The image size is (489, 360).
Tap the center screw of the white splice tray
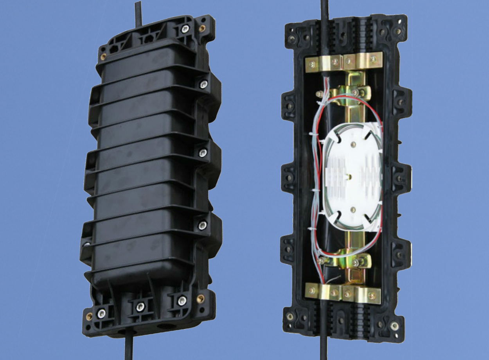pos(350,177)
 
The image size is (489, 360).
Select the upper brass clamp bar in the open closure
pos(343,62)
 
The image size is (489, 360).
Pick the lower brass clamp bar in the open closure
pos(343,293)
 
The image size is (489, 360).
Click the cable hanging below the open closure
pos(323,348)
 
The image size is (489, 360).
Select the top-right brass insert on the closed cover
pos(202,28)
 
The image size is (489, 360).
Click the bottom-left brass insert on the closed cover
pos(89,316)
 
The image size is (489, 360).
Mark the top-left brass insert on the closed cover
pos(103,57)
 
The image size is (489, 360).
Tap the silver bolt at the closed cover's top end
pos(185,29)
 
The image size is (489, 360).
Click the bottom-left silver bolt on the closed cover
pos(101,313)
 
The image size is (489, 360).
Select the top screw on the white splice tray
pos(353,145)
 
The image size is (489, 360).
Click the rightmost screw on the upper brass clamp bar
pos(373,59)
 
